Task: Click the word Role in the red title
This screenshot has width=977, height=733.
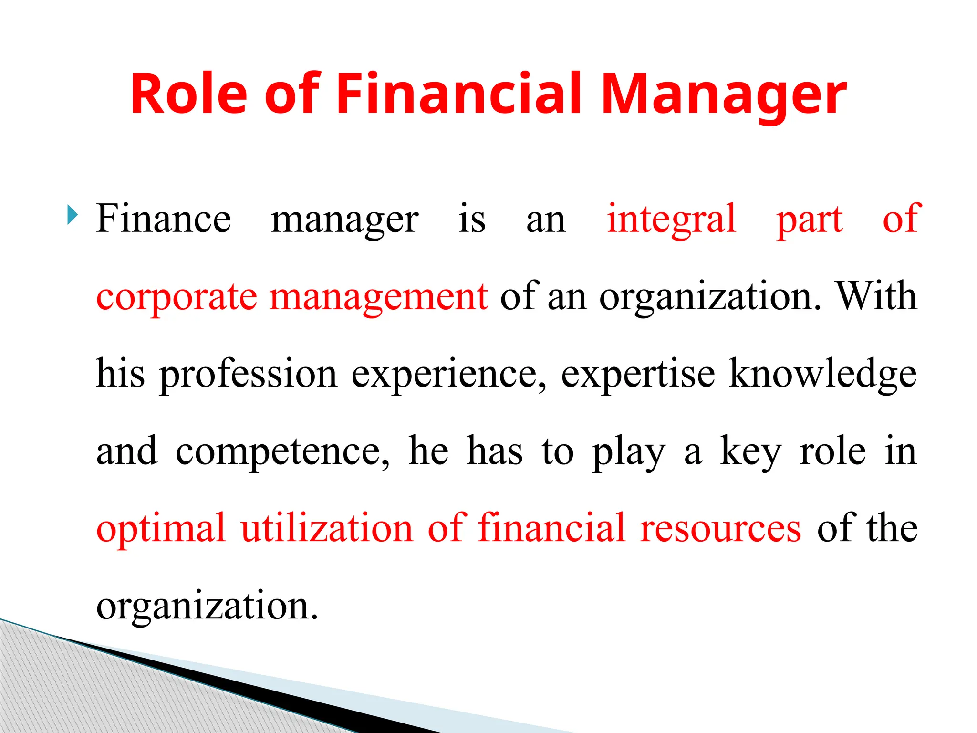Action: coord(188,94)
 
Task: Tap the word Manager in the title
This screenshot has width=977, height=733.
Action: coord(724,94)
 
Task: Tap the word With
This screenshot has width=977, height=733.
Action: coord(877,296)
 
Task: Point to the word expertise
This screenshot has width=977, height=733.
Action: coord(638,374)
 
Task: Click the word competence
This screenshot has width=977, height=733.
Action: coord(282,451)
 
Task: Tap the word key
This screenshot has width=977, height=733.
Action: coord(750,451)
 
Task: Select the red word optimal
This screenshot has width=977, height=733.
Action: coord(161,529)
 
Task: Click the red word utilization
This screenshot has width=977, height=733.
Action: coord(327,528)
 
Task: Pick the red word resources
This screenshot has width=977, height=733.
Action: coord(720,529)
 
